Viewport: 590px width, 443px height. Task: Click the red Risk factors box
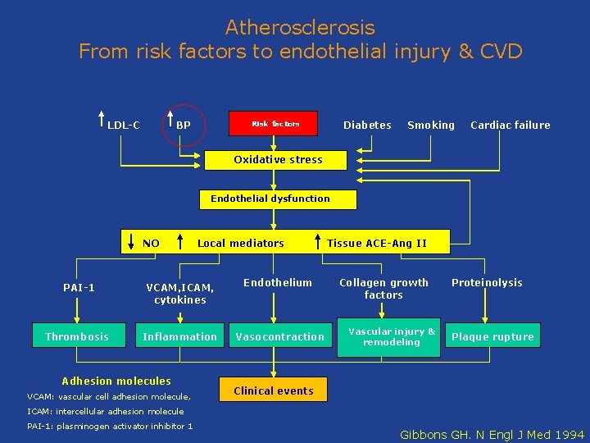click(275, 124)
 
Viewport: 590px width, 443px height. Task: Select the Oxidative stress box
click(278, 159)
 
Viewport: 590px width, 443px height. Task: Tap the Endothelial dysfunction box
click(270, 199)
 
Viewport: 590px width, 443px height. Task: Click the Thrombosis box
click(77, 336)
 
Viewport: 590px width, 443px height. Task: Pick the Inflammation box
click(180, 336)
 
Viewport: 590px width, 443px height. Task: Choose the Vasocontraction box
click(279, 336)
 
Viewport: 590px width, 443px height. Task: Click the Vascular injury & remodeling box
click(392, 336)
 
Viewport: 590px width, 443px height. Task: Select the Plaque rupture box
click(492, 336)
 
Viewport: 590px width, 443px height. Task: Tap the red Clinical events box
click(274, 390)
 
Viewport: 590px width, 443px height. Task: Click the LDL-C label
click(124, 126)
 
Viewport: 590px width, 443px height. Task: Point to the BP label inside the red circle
click(184, 126)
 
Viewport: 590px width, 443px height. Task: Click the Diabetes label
click(367, 125)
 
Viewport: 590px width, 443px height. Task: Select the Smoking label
click(431, 125)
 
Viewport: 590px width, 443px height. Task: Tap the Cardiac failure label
click(511, 125)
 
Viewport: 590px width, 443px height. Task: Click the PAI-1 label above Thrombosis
click(79, 287)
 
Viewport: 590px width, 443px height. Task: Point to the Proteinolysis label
click(487, 282)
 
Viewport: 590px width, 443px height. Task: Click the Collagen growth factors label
click(383, 288)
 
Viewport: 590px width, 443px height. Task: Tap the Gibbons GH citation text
click(492, 434)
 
